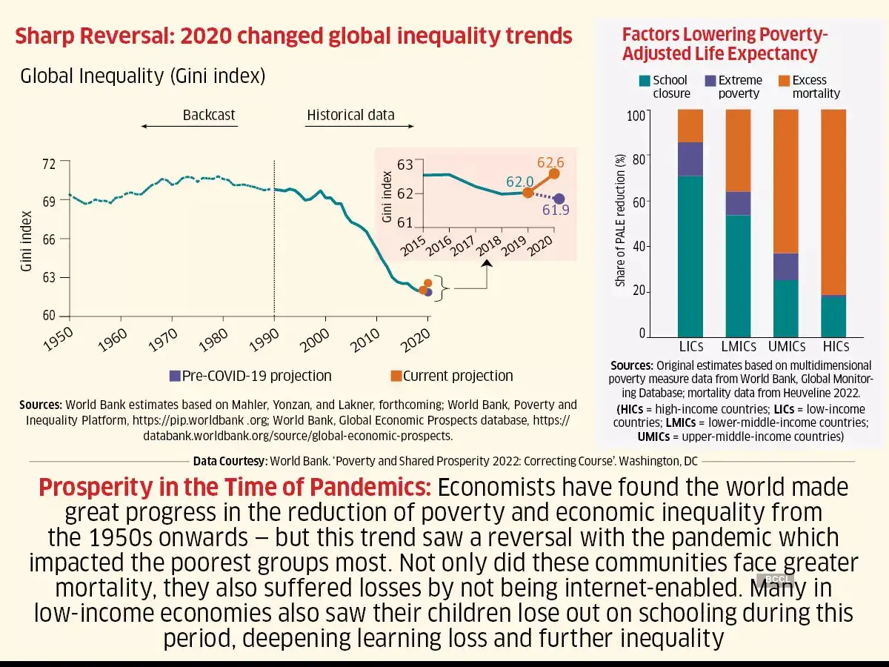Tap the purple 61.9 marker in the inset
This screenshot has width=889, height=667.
559,199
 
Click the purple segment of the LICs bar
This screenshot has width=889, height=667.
690,159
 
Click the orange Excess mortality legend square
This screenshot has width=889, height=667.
785,80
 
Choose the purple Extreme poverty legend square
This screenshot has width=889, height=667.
710,80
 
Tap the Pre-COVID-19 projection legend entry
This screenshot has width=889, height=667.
250,376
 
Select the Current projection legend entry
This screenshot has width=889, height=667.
452,376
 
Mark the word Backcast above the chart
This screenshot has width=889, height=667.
209,115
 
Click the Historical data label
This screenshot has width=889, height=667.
350,115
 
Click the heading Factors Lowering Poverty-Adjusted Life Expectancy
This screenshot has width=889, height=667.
725,44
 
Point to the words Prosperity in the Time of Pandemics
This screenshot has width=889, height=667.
234,488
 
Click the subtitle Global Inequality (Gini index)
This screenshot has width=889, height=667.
142,76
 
